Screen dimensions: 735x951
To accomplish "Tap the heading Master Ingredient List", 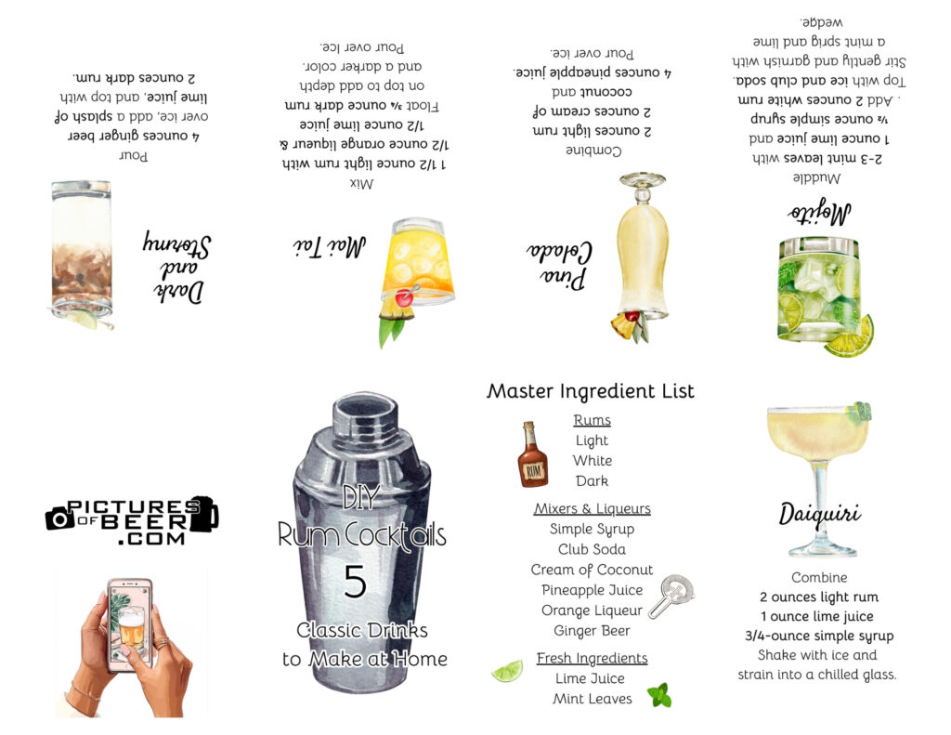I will [591, 391].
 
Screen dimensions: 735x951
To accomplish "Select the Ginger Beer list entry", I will [592, 631].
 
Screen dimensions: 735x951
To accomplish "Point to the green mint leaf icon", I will [659, 695].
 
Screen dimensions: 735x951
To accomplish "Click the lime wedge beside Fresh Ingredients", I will [507, 670].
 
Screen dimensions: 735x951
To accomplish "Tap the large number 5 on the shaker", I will [355, 582].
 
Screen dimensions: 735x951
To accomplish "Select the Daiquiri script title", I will [819, 514].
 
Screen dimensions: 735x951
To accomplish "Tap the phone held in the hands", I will [130, 623].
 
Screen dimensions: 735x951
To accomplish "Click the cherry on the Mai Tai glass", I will [405, 298].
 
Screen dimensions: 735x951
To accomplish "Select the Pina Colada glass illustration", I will [642, 251].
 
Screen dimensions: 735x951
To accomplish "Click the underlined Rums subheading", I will [592, 420].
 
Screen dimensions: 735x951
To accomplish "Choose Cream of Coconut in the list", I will [592, 570].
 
